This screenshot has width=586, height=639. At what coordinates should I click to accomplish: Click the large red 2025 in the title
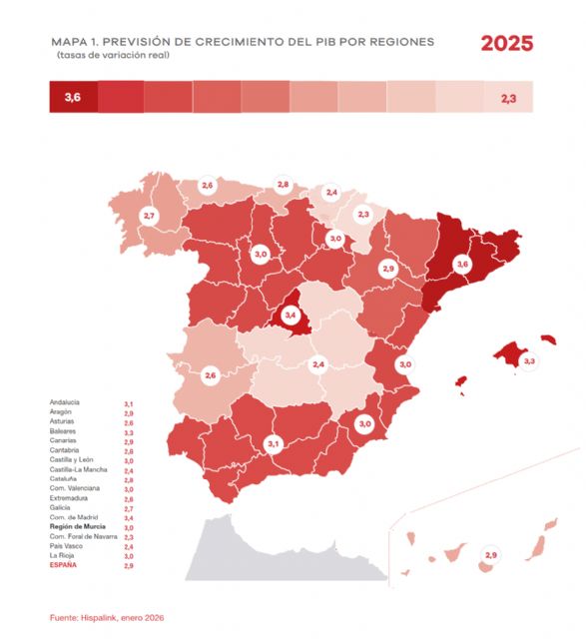tap(506, 44)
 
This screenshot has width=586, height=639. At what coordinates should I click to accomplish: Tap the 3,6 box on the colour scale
tap(72, 98)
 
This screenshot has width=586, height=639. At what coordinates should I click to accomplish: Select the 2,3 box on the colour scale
tap(508, 98)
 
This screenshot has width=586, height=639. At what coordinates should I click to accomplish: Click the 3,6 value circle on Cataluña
tap(461, 265)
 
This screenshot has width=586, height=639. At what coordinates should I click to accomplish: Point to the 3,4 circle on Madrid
tap(291, 315)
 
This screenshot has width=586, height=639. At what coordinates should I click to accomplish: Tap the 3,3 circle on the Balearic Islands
tap(529, 360)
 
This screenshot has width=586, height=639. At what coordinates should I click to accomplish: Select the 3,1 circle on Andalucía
tap(273, 442)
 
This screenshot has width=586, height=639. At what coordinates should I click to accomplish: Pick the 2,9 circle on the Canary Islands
tap(490, 554)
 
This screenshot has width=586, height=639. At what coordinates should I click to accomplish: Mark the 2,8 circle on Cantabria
tap(283, 185)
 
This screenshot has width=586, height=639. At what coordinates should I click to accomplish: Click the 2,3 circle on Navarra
tap(363, 214)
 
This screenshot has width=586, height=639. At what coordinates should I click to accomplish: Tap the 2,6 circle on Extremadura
tap(210, 375)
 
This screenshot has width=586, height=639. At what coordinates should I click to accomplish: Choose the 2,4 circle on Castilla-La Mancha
tap(318, 364)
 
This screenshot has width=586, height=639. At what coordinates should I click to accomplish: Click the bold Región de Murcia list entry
tap(78, 525)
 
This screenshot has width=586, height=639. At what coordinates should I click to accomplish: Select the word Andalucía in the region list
tap(65, 402)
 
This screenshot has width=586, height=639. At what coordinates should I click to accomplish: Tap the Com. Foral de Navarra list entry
tap(84, 536)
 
